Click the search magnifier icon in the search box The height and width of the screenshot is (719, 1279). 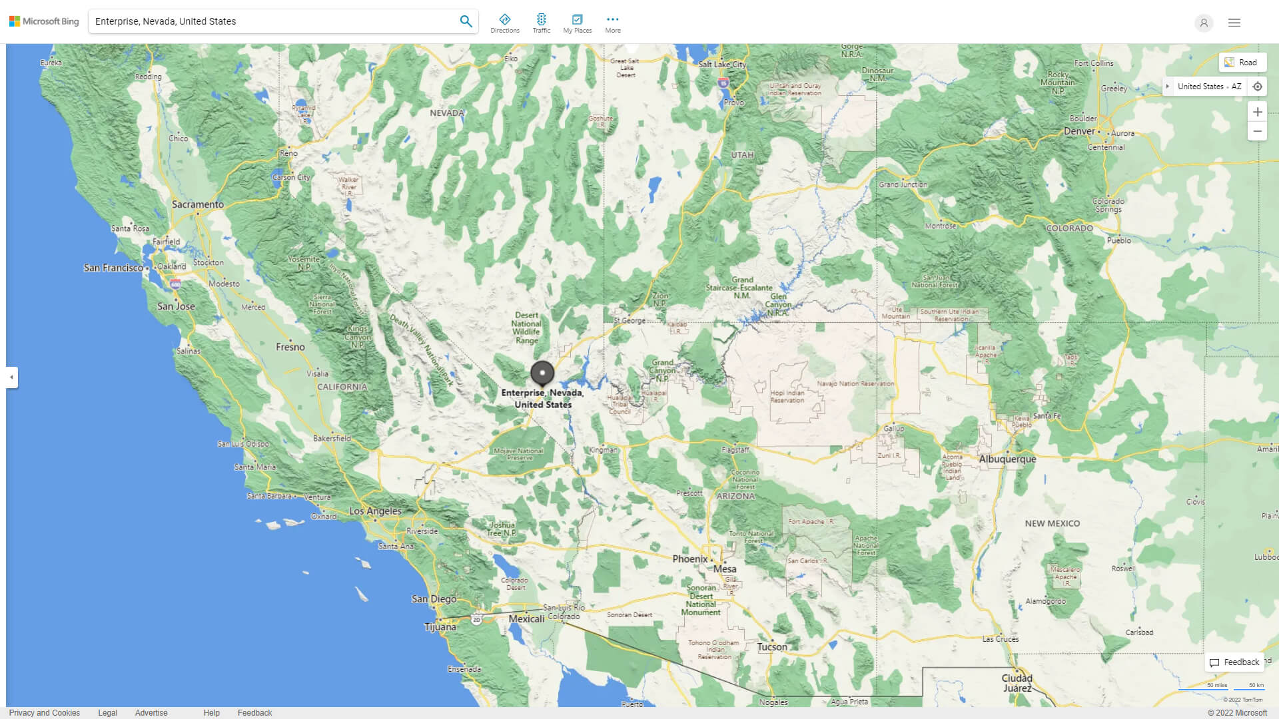[466, 21]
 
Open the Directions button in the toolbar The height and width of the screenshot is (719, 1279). [505, 23]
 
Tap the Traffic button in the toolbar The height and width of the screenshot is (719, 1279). [542, 23]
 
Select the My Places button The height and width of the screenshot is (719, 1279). [577, 23]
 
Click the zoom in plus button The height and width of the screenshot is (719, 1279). [1257, 112]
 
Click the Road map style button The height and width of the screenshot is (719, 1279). [1242, 63]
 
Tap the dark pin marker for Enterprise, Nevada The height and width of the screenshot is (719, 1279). [542, 373]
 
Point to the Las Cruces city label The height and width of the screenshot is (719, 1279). [1000, 639]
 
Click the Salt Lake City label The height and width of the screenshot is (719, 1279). [722, 65]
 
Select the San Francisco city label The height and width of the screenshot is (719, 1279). [113, 268]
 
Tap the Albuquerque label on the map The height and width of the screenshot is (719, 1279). [1007, 459]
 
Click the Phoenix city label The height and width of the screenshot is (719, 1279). [689, 559]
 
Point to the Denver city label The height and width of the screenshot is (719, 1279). [1079, 131]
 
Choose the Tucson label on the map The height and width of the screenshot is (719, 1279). [772, 647]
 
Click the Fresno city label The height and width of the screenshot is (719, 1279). [290, 347]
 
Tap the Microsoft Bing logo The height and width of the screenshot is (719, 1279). [44, 21]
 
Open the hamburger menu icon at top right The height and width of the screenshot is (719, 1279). [1234, 23]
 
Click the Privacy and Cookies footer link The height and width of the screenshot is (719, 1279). [45, 713]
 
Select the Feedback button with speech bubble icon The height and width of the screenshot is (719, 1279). [1234, 662]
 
